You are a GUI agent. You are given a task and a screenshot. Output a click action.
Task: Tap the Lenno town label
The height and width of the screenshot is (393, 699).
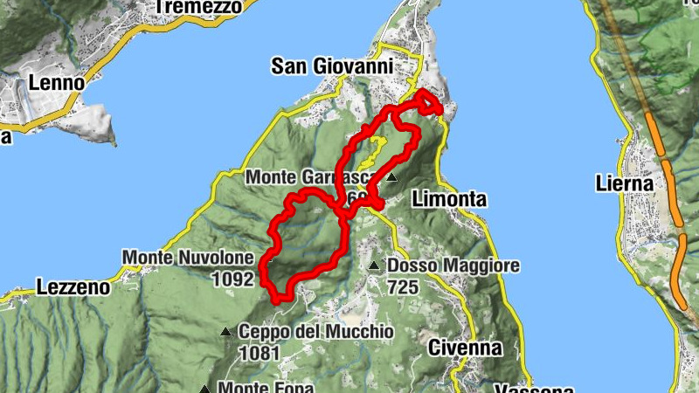[x=56, y=82]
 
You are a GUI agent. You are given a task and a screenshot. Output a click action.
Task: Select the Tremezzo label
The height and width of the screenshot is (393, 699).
[x=197, y=7]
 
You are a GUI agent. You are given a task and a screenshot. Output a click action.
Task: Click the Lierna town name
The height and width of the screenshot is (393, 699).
[x=624, y=183]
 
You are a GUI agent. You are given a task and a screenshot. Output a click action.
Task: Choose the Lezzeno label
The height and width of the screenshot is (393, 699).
[x=73, y=286]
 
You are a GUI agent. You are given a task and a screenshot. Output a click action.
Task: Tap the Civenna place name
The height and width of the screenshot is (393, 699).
[x=465, y=348]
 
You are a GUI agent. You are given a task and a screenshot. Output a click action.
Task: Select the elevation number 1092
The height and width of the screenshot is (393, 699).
[x=232, y=279]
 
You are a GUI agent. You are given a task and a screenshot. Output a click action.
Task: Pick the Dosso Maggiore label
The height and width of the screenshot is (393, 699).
[x=453, y=265]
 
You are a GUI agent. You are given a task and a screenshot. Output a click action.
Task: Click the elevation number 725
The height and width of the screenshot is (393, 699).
[x=405, y=286]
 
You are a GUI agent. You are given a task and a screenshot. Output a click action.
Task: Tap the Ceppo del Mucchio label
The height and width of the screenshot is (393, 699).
[x=315, y=332]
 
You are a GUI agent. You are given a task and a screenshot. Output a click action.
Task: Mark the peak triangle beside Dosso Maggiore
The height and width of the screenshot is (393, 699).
[x=374, y=265]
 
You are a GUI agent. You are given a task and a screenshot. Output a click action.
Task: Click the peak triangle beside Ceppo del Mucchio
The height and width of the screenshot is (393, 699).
[x=225, y=332]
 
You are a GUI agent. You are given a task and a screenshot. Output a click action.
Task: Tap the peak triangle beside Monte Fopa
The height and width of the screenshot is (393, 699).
[x=204, y=389]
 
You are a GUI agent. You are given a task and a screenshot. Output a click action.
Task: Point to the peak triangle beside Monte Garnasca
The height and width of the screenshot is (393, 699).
[x=391, y=177]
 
